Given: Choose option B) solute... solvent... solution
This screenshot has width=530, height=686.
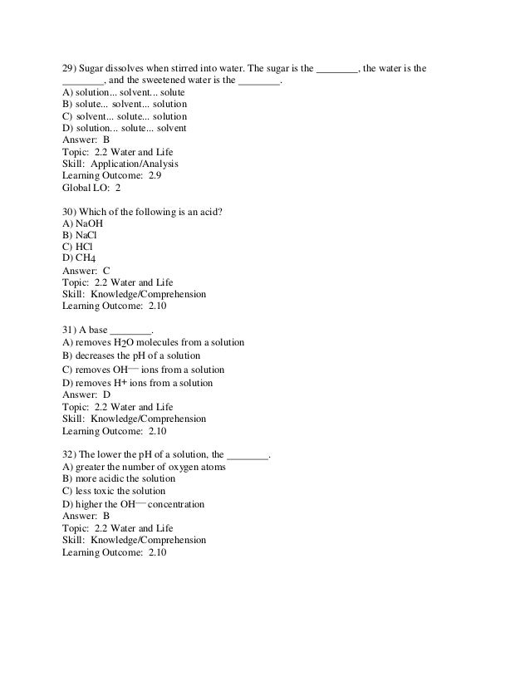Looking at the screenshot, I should click(125, 105).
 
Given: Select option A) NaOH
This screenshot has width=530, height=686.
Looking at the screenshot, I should click(83, 223).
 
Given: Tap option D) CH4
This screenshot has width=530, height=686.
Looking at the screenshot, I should click(81, 258).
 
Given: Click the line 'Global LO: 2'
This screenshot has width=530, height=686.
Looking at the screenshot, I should click(91, 188).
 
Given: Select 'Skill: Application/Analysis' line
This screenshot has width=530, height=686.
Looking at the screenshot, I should click(120, 164).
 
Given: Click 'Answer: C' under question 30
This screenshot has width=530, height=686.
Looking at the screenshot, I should click(86, 271).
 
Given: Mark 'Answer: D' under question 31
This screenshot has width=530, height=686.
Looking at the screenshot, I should click(86, 395).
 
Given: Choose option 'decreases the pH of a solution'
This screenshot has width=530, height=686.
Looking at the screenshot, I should click(137, 355).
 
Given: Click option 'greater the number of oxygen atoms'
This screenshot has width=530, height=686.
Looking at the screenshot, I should click(144, 468).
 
